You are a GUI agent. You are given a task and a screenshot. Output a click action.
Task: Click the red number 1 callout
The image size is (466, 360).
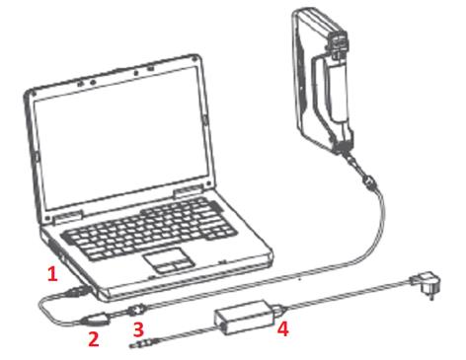[x=52, y=274]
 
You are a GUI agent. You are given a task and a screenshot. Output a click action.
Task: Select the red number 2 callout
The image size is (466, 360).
[x=94, y=339]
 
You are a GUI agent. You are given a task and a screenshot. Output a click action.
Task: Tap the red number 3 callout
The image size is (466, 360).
[x=138, y=329]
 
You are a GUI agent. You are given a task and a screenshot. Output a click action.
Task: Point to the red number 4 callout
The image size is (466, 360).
[x=283, y=328]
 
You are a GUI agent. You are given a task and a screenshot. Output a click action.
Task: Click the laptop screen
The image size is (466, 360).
[x=121, y=137]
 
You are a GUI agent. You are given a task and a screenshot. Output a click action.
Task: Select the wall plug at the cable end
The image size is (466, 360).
[x=425, y=285]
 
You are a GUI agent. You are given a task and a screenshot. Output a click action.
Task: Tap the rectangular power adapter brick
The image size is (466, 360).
[x=245, y=317]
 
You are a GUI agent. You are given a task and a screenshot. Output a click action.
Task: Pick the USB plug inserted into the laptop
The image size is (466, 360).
[x=78, y=292]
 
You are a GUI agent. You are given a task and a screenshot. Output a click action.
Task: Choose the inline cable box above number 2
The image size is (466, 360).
[x=96, y=319]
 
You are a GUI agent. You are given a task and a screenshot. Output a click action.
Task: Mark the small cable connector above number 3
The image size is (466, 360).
[x=137, y=309]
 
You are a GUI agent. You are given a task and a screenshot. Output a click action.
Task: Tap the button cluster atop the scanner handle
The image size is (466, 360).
[x=337, y=42]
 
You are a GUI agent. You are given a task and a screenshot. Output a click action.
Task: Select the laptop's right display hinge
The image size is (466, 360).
[x=188, y=191]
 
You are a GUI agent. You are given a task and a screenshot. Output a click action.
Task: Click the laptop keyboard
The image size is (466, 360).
[x=150, y=228]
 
